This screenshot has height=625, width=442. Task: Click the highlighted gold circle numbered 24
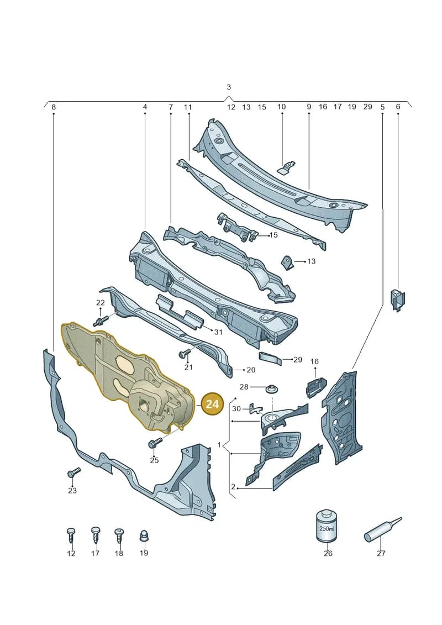pos(212,405)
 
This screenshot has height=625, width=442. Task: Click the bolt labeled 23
pos(73,472)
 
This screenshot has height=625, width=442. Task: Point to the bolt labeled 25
pos(155,443)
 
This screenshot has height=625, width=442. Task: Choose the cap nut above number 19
pos(144,535)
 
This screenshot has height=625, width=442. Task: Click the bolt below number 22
pos(102,319)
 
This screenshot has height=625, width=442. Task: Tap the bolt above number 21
pos(186,353)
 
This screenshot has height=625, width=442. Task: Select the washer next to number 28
pos(271,388)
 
